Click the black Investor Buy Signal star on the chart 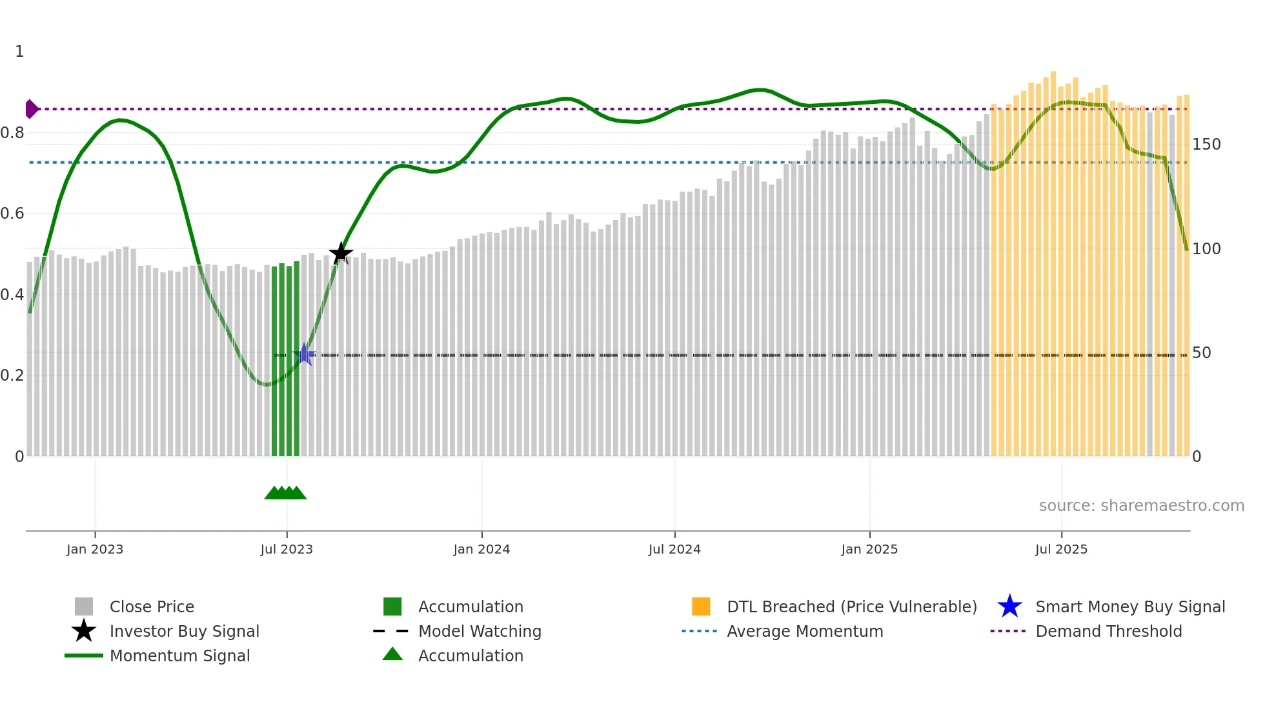[341, 253]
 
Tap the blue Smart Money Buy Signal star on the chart [304, 354]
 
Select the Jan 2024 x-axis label [481, 549]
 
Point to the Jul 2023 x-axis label [287, 549]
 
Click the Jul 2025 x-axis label [1061, 549]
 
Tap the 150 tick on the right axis [1206, 144]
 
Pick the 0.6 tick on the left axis [12, 213]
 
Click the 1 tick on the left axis [19, 51]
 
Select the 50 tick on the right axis [1201, 352]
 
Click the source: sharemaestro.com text [1141, 505]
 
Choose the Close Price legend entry [152, 606]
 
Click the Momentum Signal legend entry [179, 656]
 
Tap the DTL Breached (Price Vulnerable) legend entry [851, 606]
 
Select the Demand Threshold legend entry [1108, 631]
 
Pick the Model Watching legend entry [480, 631]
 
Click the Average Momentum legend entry [805, 631]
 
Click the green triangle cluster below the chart [285, 493]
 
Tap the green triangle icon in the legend [392, 654]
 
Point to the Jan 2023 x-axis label [95, 549]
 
